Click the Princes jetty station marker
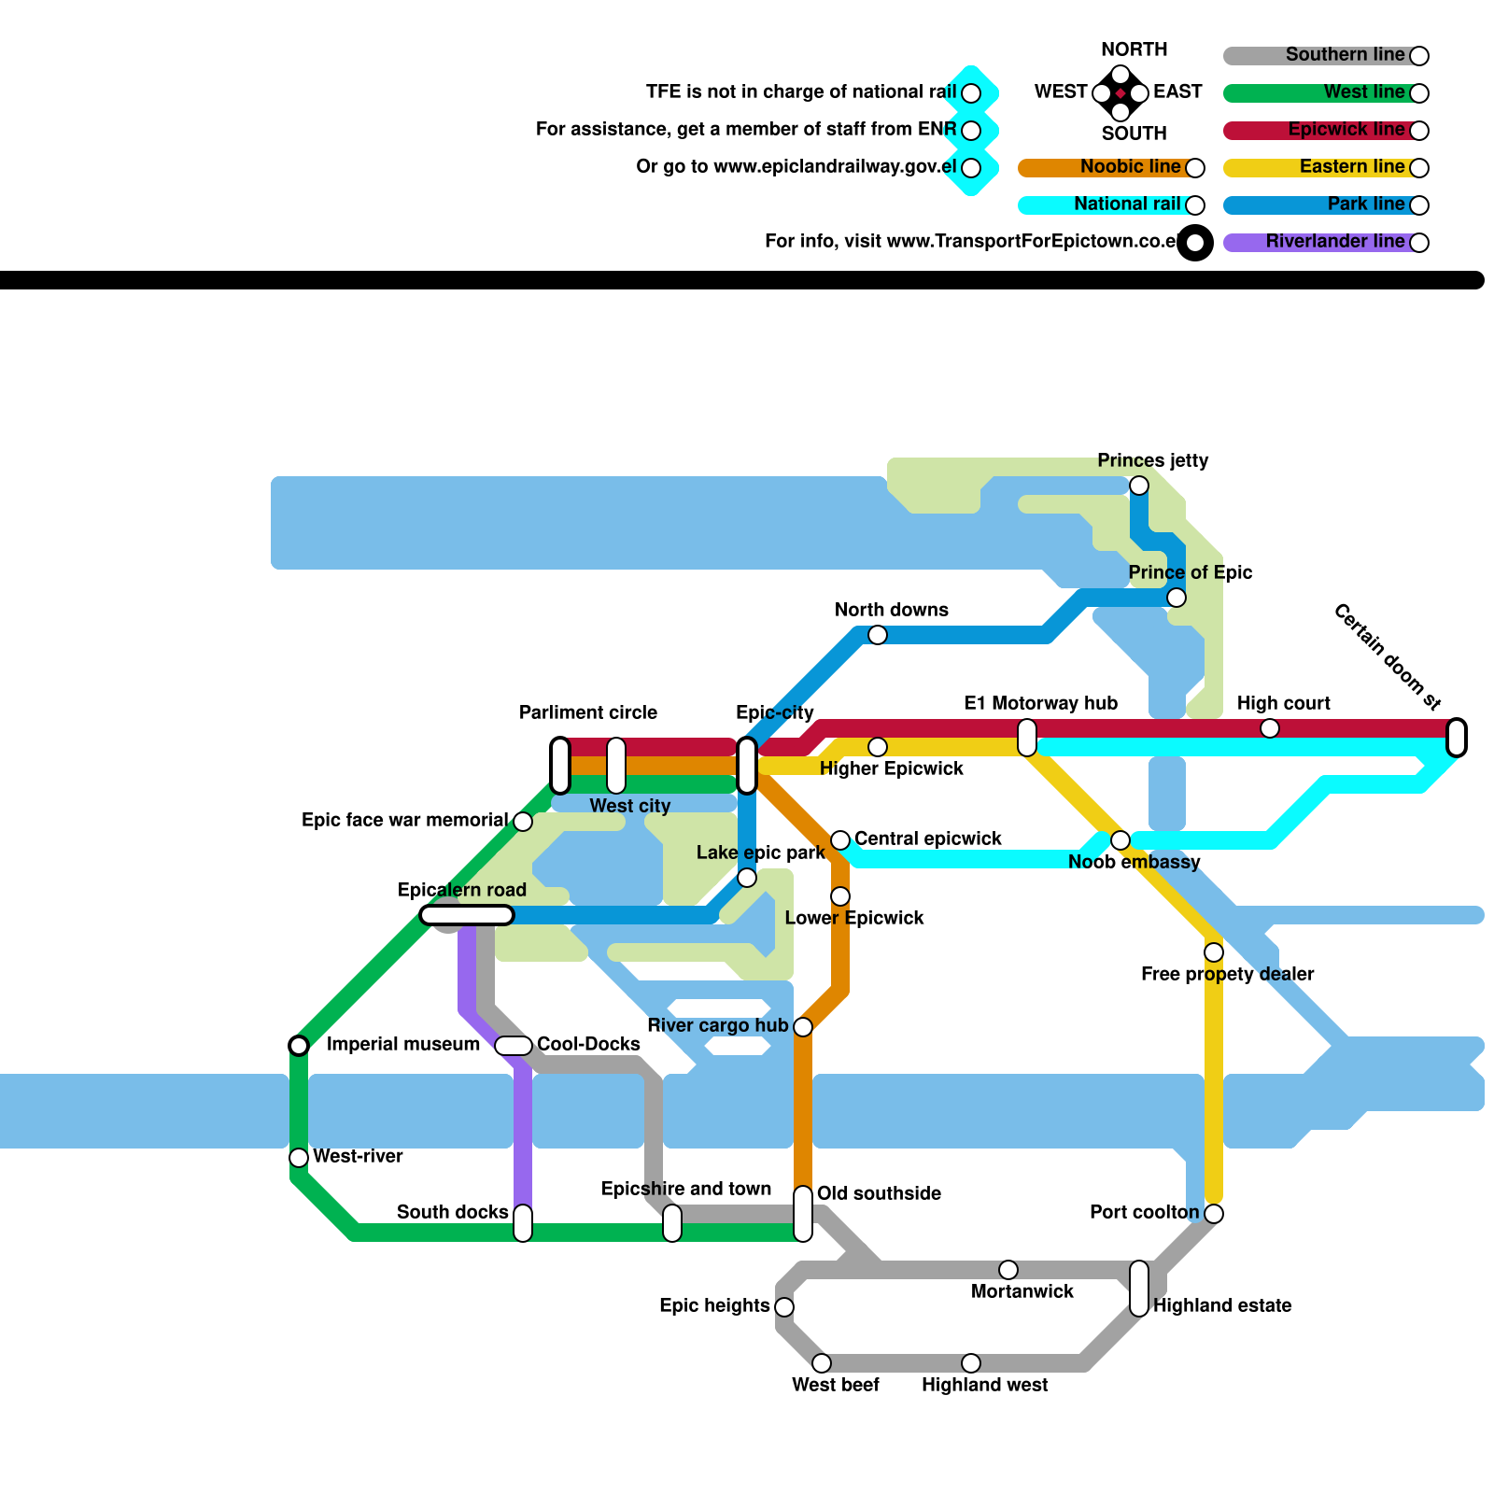(x=1139, y=486)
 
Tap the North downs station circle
(x=878, y=635)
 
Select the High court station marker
(x=1270, y=728)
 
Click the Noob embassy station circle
(x=1120, y=840)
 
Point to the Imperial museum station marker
(x=299, y=1045)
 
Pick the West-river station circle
(x=299, y=1158)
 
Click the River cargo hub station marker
(x=803, y=1027)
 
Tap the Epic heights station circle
(x=784, y=1307)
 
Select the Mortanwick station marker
(x=1008, y=1270)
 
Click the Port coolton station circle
(x=1214, y=1214)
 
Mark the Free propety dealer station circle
(x=1214, y=952)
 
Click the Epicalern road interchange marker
(x=467, y=915)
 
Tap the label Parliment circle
(x=588, y=713)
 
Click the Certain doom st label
(x=1388, y=655)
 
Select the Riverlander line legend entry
(x=1335, y=242)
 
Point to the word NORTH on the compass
(x=1134, y=49)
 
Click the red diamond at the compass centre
(x=1120, y=93)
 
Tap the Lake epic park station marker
(x=747, y=878)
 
